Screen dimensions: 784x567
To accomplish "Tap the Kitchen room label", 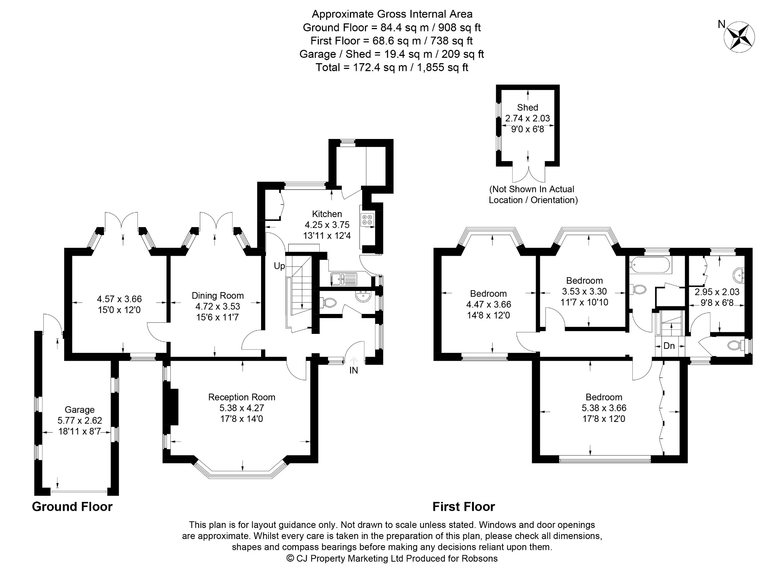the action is pos(327,214).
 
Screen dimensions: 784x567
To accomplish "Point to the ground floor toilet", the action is pos(327,303).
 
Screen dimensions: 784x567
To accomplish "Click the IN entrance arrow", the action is pos(354,360).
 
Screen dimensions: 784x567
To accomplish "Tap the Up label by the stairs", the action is pos(279,266).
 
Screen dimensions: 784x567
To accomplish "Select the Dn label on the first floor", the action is pos(669,346).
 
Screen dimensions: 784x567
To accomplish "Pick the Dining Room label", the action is pos(218,295).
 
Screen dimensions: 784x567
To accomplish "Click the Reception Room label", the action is pos(242,397).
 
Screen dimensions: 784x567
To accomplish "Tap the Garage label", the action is pos(80,410).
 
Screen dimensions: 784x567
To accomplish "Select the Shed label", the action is pos(528,107).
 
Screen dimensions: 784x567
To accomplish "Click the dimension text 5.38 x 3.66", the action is pos(604,408).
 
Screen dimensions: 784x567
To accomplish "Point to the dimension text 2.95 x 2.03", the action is pos(717,292).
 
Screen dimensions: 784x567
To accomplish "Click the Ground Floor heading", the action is pos(72,507).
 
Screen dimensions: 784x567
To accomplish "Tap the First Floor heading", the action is pos(464,507).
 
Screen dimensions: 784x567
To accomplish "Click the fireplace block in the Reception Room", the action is pos(171,407).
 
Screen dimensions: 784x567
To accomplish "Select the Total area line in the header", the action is pos(392,67).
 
